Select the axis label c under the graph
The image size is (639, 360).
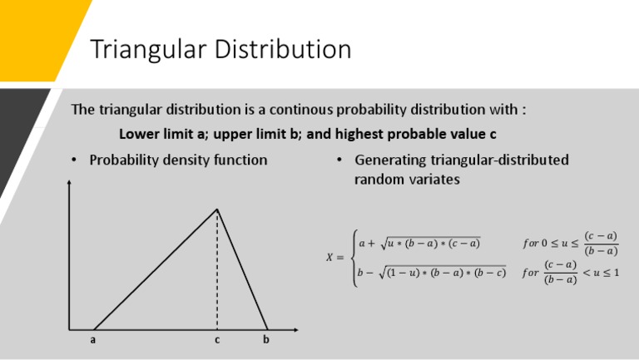point(217,339)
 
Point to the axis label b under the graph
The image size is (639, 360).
point(266,339)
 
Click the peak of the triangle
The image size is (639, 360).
point(217,210)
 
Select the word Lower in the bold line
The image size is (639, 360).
point(137,133)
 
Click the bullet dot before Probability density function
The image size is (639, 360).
point(75,160)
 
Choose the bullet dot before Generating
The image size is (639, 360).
point(340,160)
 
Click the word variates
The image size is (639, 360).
point(433,179)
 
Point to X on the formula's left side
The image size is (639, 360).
point(329,258)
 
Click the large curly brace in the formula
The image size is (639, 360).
point(354,258)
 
